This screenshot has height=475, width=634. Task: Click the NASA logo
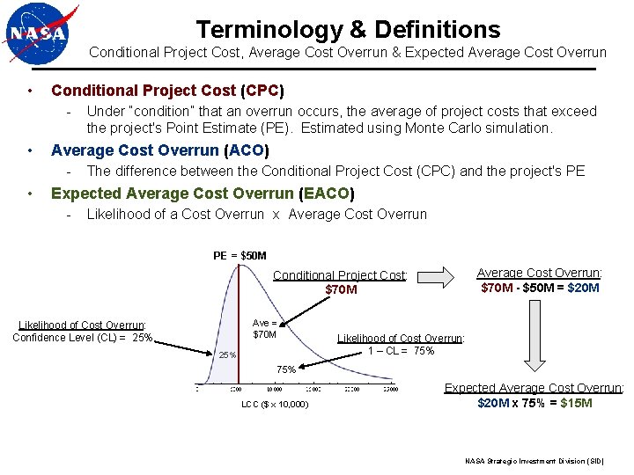pos(39,35)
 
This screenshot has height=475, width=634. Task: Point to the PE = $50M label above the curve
pos(240,256)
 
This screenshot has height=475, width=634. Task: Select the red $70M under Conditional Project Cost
pos(341,289)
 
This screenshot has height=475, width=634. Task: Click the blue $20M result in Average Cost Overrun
pos(583,288)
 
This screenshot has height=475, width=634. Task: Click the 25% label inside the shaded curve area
pos(227,355)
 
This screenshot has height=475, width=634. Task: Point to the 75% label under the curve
pos(286,369)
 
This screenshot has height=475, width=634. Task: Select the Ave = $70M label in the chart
pos(264,328)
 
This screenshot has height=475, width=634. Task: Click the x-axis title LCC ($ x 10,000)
pos(275,405)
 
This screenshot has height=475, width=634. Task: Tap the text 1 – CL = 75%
pos(401,351)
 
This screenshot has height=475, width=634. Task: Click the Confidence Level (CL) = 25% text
pos(83,338)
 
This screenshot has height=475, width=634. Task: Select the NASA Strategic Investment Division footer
pos(534,461)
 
